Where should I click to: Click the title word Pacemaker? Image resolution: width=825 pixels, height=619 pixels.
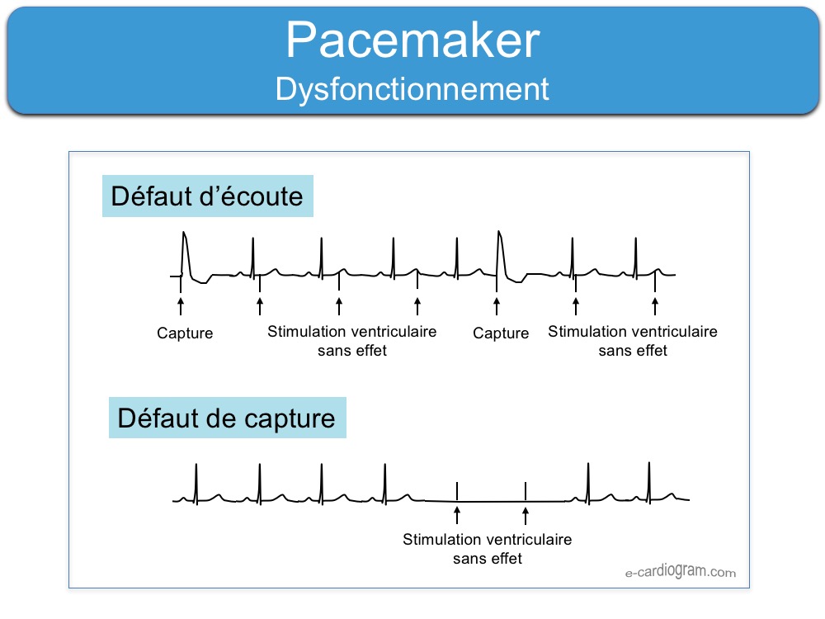click(x=413, y=40)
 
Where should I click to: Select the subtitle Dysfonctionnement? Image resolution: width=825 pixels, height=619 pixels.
click(x=412, y=89)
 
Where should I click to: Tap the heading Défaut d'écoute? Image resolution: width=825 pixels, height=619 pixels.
click(x=207, y=196)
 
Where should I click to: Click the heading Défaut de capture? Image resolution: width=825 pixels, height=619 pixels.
click(x=226, y=418)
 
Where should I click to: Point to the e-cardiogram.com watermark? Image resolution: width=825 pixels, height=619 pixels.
click(x=681, y=571)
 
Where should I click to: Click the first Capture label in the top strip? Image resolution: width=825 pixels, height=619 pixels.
click(x=185, y=333)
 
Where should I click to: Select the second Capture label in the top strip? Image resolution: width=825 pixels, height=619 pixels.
click(x=501, y=333)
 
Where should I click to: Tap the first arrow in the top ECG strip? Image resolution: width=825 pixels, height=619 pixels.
click(x=181, y=306)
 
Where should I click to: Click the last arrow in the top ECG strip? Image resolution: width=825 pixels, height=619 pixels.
click(x=654, y=306)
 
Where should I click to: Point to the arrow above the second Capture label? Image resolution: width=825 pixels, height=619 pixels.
click(x=496, y=306)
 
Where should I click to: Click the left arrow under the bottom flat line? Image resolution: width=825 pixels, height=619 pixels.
click(x=457, y=515)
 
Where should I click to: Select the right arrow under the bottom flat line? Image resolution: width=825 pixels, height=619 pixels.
click(x=525, y=515)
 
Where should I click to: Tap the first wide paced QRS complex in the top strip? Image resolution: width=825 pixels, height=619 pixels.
click(x=185, y=257)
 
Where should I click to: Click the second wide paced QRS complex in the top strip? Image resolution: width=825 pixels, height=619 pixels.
click(x=501, y=257)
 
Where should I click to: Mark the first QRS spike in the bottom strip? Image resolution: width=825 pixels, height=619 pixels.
click(x=196, y=484)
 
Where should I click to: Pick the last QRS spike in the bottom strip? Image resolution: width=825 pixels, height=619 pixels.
click(x=649, y=483)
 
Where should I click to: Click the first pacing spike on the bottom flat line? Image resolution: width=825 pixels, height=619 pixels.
click(x=457, y=491)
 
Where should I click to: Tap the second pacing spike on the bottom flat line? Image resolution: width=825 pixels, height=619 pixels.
click(x=525, y=491)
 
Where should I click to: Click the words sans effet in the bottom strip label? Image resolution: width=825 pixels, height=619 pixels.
click(x=488, y=559)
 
